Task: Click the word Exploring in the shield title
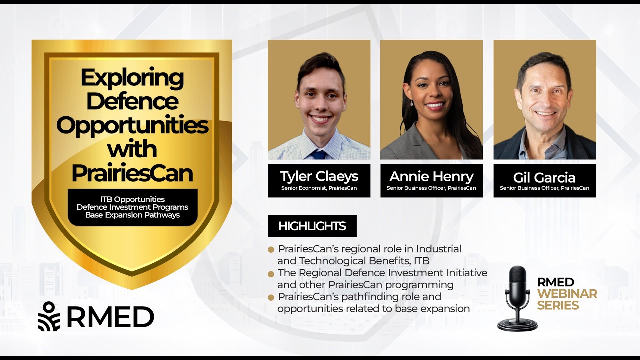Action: pos(132,79)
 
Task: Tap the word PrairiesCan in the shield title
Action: pos(132,173)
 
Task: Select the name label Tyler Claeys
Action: pos(319,176)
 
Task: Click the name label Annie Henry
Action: pos(431,176)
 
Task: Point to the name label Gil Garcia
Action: pos(544,177)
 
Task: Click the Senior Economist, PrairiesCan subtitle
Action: pos(319,188)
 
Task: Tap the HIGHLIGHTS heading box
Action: pos(312,226)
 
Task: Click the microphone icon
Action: pos(517,298)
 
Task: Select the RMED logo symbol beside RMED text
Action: pos(49,316)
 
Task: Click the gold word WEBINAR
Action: pos(567,294)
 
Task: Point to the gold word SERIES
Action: pos(558,305)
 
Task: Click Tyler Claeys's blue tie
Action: pos(318,154)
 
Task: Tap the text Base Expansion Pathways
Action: pos(132,215)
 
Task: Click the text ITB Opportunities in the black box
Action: pos(132,199)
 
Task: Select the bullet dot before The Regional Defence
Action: pos(271,274)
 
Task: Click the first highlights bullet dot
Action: pos(271,249)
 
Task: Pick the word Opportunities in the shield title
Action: pos(132,125)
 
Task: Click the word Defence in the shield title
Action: pos(132,102)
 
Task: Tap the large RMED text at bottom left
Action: pos(110,317)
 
